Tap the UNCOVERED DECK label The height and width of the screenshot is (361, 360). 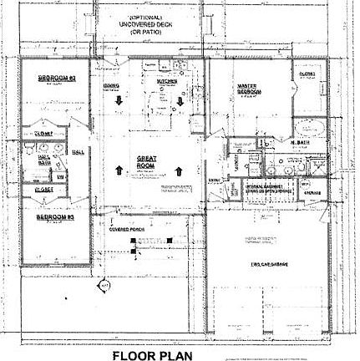coord(150,25)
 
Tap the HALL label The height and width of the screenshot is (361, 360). coord(79,151)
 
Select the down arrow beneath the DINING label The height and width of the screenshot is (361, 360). coord(118,103)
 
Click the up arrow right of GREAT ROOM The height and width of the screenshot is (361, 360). coord(180,170)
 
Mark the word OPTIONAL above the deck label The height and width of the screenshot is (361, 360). coord(150,17)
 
